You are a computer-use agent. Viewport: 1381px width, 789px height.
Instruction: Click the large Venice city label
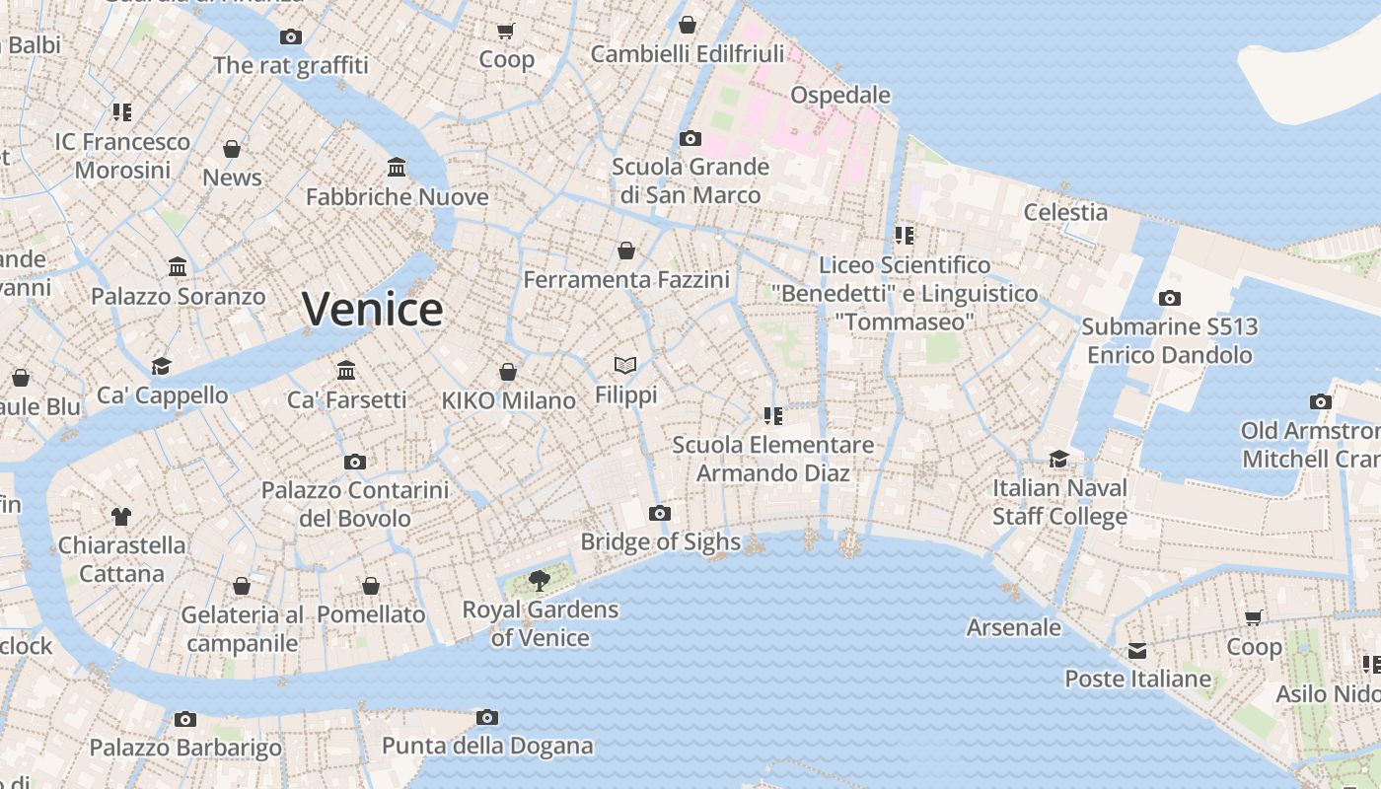tap(373, 310)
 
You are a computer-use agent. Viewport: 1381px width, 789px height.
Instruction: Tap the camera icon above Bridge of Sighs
tap(660, 513)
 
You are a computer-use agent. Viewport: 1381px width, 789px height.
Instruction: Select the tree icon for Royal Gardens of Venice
tap(539, 580)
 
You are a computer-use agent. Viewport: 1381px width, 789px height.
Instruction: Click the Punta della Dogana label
tap(487, 746)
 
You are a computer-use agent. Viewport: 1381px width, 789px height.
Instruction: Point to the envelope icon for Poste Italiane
tap(1137, 650)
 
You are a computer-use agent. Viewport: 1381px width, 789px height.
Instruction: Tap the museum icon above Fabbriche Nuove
tap(397, 167)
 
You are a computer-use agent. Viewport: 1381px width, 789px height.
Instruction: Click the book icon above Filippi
tap(625, 366)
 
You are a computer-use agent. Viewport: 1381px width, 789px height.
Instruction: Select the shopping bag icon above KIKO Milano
tap(508, 372)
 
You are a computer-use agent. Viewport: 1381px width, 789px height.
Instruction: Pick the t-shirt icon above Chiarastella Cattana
tap(121, 516)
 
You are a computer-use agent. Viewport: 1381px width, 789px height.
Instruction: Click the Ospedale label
tap(840, 95)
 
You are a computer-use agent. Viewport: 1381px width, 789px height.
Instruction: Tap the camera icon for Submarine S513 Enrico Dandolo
tap(1169, 298)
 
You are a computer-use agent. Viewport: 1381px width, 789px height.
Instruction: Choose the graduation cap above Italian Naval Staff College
tap(1059, 459)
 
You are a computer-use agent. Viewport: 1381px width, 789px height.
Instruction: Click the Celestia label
tap(1065, 212)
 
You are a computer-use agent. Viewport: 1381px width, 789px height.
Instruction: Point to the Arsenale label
tap(1014, 627)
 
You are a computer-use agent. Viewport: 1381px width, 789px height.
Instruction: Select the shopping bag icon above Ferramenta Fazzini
tap(626, 251)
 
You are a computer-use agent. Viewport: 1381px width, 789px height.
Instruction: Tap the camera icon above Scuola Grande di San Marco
tap(690, 138)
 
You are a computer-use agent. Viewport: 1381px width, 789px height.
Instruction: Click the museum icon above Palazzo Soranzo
tap(178, 267)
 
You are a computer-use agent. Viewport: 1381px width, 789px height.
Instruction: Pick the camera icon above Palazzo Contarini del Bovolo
tap(355, 462)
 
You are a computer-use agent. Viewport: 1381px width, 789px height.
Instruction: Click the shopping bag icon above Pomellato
tap(371, 586)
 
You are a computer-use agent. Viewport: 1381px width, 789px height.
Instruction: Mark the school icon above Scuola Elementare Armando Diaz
tap(772, 416)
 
